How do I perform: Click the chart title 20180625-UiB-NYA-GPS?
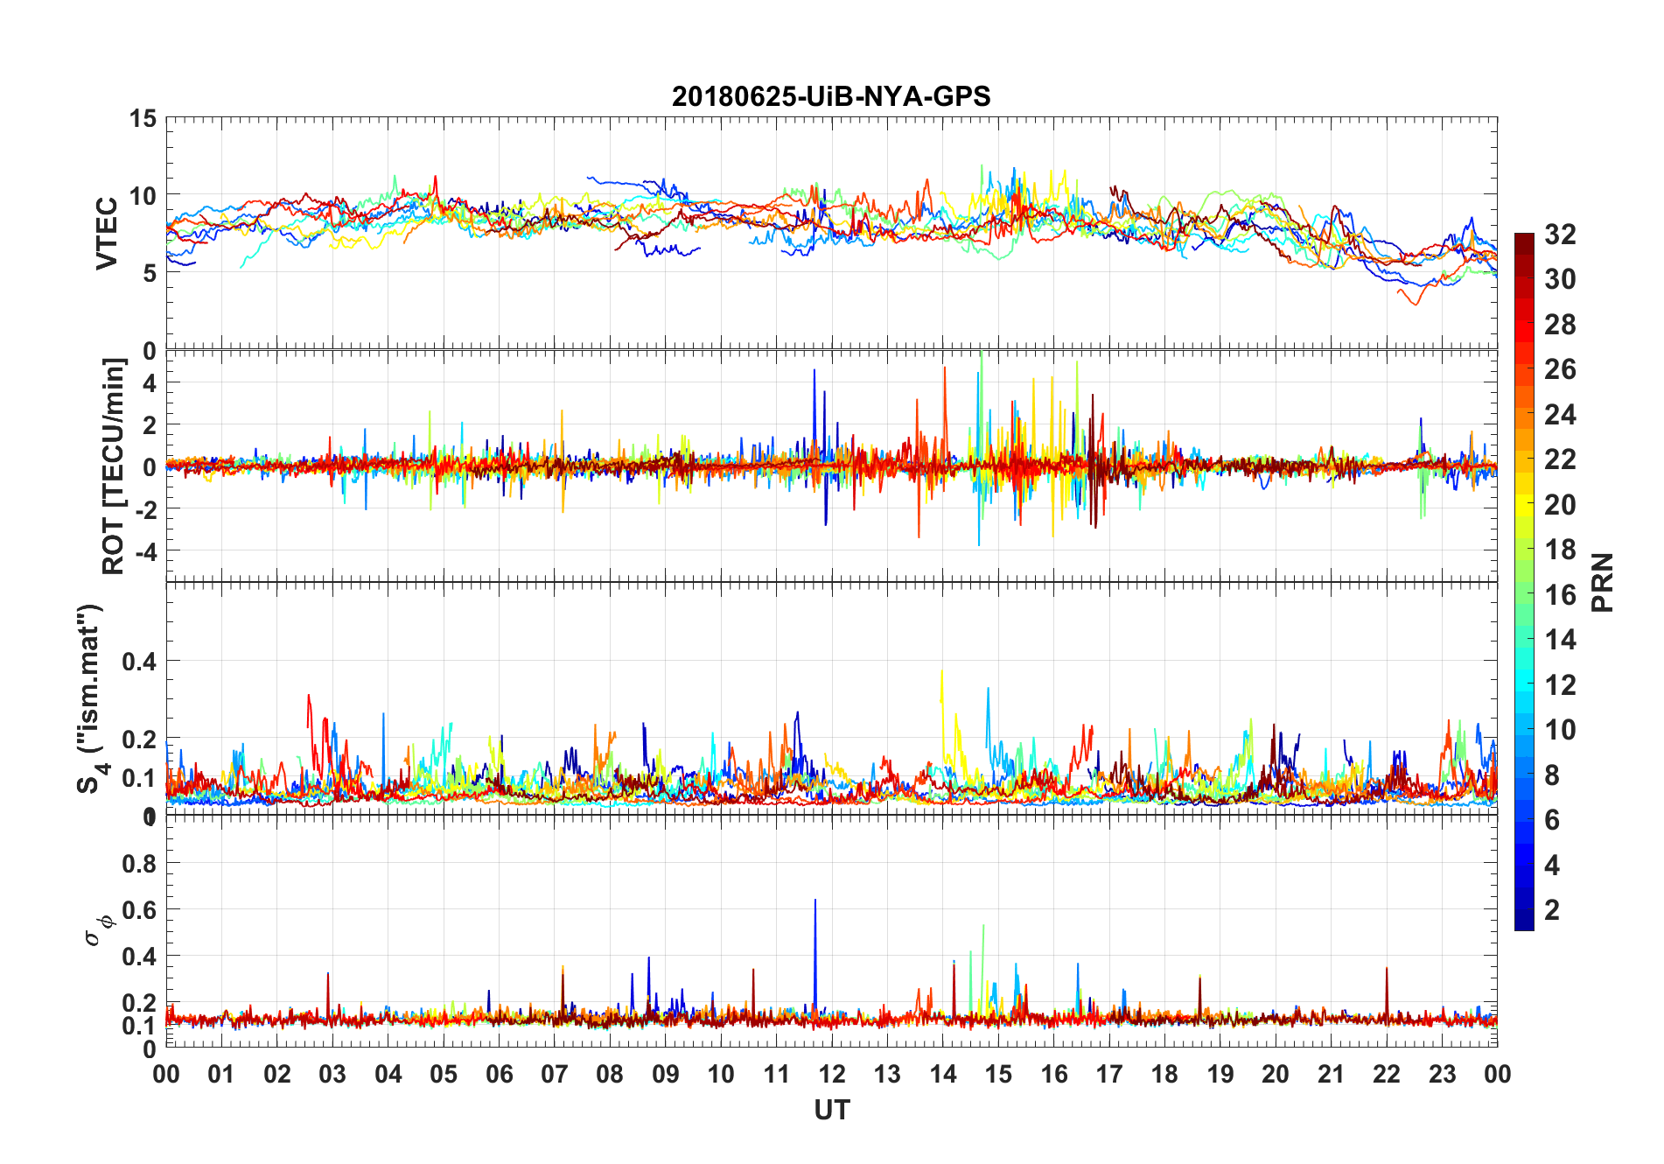[831, 96]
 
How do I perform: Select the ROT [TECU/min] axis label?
[114, 466]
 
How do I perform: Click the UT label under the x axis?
[831, 1111]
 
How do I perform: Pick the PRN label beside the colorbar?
[1602, 582]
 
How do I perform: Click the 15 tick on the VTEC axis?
[143, 118]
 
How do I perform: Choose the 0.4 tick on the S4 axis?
[139, 662]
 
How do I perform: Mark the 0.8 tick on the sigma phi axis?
[139, 864]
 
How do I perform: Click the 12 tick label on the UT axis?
[831, 1075]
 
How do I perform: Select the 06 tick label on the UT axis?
[499, 1075]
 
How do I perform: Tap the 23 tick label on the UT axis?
[1442, 1075]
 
